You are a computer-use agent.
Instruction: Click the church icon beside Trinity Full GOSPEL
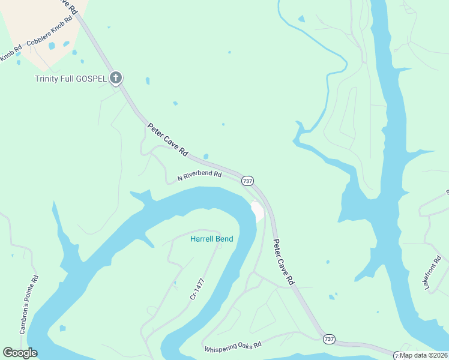(116, 78)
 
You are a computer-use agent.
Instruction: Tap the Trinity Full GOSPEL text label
(70, 79)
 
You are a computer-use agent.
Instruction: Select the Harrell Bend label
(211, 239)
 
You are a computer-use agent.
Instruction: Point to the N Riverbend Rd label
(199, 176)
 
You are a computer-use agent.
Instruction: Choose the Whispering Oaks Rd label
(232, 347)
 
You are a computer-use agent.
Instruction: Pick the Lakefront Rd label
(433, 273)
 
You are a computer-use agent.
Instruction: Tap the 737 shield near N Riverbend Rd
(247, 181)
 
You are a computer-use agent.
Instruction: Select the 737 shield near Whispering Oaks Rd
(328, 339)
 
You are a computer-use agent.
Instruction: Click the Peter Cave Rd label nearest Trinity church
(168, 139)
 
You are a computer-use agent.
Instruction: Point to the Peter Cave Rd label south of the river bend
(284, 262)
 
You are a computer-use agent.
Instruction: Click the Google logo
(20, 353)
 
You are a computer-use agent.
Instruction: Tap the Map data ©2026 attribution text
(423, 355)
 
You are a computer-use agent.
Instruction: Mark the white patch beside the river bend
(258, 212)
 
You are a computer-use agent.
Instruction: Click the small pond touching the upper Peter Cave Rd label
(206, 157)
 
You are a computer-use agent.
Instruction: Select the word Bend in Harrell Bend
(224, 239)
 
